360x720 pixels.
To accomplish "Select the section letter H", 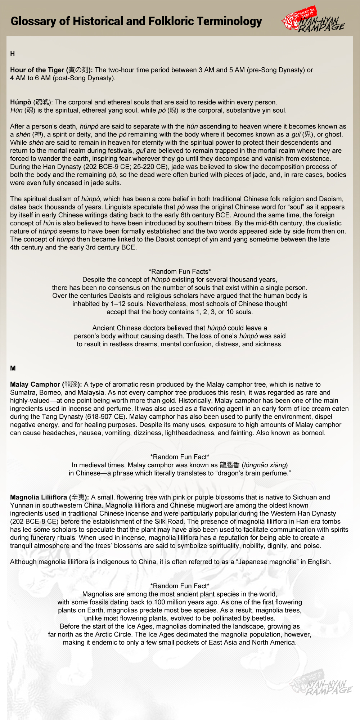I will (x=13, y=54).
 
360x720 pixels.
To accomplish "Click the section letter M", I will (x=13, y=368).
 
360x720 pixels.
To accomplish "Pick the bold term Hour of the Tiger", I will (x=37, y=70).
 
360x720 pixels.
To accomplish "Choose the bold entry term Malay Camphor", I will (x=35, y=384).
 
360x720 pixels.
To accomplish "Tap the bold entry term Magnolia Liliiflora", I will (x=39, y=497).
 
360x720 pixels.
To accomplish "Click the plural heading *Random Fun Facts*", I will (x=180, y=271).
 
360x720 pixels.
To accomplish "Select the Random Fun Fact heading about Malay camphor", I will (x=180, y=457).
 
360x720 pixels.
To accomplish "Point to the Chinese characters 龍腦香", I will (x=229, y=465).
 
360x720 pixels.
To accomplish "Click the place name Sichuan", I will (x=305, y=497).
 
